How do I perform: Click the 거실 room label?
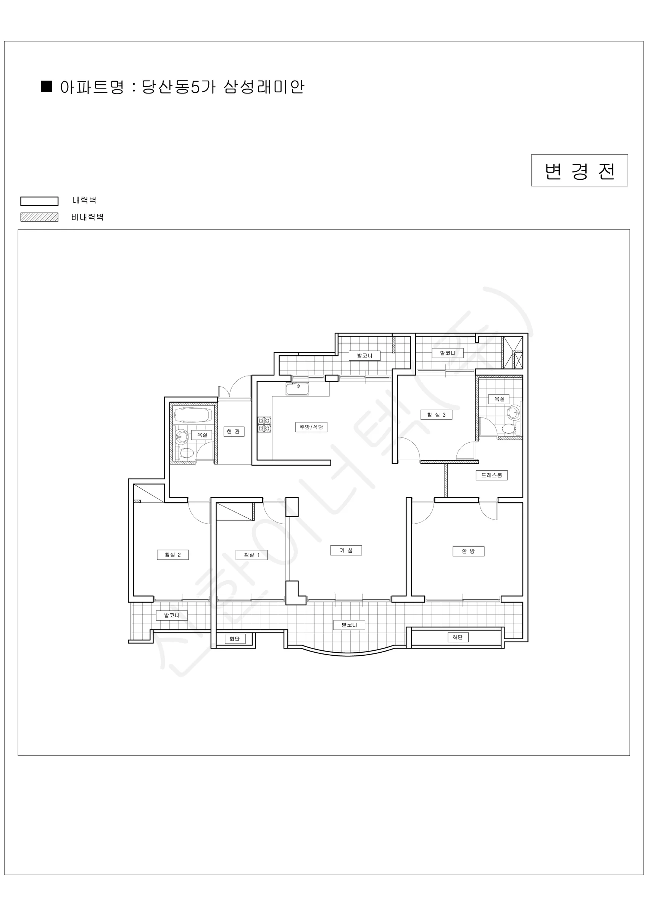click(x=346, y=550)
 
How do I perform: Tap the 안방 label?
click(x=468, y=551)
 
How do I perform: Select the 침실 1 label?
click(x=252, y=555)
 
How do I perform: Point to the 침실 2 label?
click(x=173, y=555)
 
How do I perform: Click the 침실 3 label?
click(x=437, y=414)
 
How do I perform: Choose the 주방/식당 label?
click(x=311, y=427)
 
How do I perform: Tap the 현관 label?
click(x=234, y=431)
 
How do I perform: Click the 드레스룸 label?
click(x=492, y=475)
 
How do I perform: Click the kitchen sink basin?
click(x=297, y=389)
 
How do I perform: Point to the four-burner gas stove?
click(x=264, y=425)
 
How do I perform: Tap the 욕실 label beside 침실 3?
click(x=499, y=399)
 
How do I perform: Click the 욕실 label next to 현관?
click(x=202, y=434)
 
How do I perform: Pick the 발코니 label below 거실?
click(x=349, y=625)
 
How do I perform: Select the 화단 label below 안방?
click(x=457, y=637)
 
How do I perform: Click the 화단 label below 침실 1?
click(x=234, y=638)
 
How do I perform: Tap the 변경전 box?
click(x=579, y=170)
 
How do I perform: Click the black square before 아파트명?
click(x=47, y=86)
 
